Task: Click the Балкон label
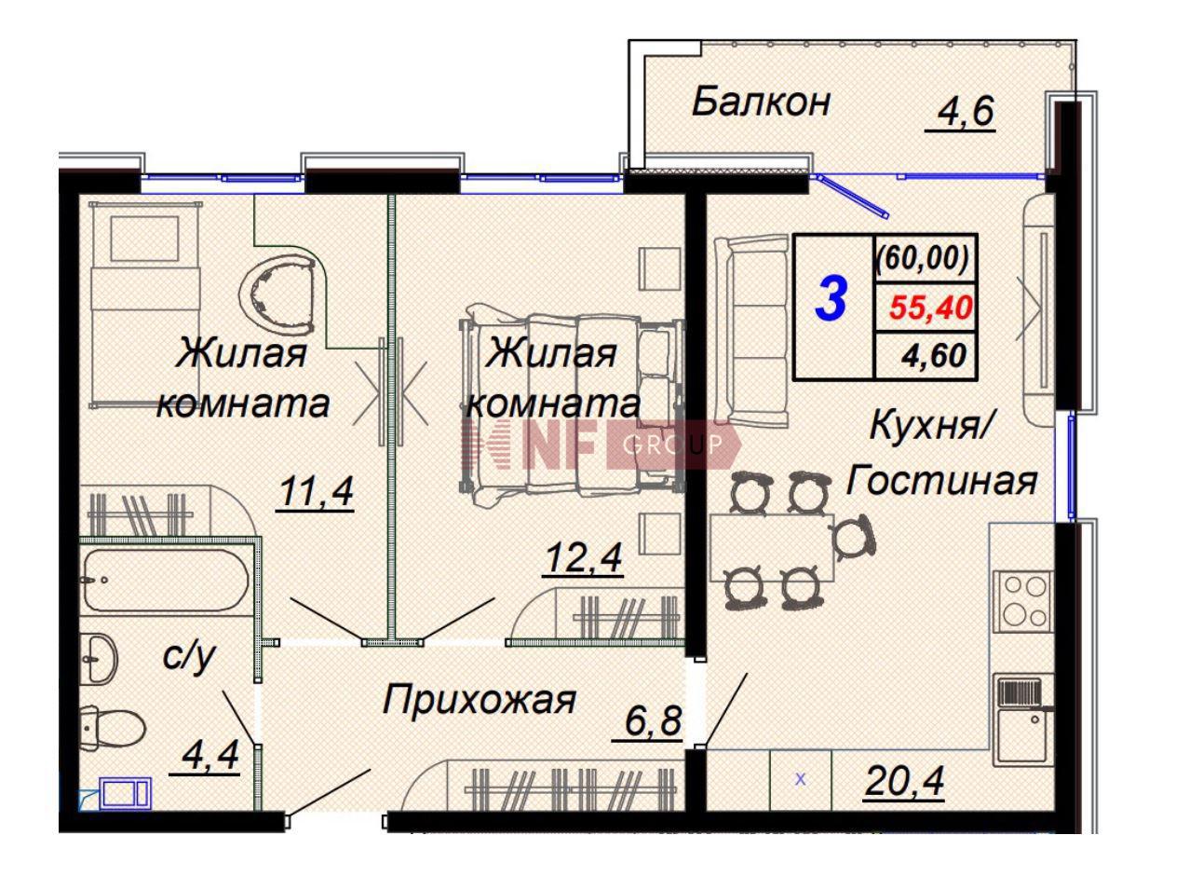(x=760, y=103)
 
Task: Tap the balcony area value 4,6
(x=960, y=113)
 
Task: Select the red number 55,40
(x=929, y=307)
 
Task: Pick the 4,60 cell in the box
(x=934, y=356)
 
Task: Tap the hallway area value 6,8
(x=648, y=720)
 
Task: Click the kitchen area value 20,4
(x=902, y=782)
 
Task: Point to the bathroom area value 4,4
(x=206, y=755)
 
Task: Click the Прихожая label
(x=480, y=699)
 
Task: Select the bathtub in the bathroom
(x=165, y=579)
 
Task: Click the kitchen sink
(x=1022, y=718)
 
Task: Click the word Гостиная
(x=941, y=481)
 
